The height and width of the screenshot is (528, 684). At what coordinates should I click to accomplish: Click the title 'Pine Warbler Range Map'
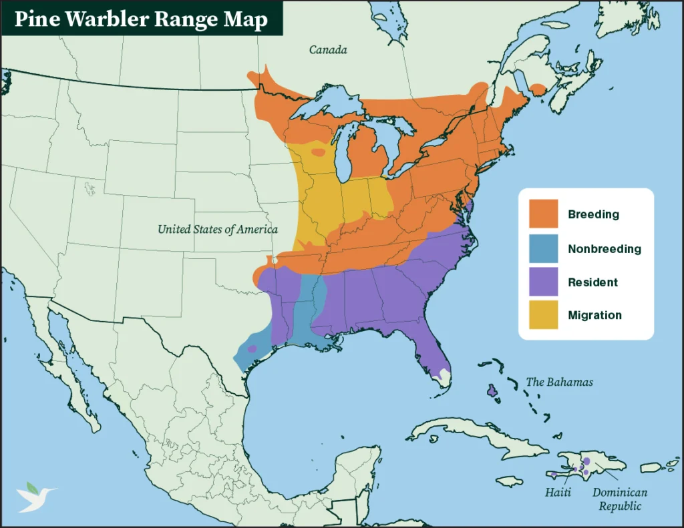141,19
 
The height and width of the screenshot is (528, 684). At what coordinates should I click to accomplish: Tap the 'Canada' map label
327,50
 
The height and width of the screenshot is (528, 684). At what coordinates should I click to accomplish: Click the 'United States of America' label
217,230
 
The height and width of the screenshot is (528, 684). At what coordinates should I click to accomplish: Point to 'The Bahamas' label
559,382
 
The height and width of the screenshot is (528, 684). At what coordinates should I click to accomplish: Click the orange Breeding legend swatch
543,214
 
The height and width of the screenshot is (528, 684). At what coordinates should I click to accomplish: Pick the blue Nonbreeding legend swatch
543,248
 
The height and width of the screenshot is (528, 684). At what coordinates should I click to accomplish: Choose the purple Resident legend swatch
543,282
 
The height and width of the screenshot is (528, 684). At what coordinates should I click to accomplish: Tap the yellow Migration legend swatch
543,315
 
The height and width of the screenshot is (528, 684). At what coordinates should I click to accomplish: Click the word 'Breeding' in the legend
593,214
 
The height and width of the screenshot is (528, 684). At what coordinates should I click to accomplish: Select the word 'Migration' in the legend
594,315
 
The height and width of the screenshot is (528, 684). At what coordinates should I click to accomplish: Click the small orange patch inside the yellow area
319,152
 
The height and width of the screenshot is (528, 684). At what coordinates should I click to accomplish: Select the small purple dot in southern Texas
252,348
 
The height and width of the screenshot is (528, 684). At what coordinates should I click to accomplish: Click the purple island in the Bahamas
493,390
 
